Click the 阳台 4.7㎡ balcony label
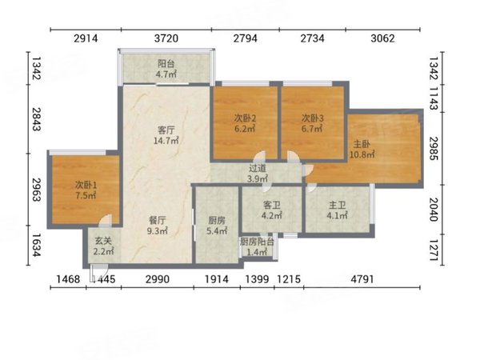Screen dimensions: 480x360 tap(166, 69)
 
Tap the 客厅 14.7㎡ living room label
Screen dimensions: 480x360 tap(166, 135)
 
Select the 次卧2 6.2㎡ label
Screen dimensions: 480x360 tap(245, 123)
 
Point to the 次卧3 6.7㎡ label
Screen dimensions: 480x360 tap(312, 123)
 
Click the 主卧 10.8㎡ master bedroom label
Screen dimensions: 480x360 tap(362, 149)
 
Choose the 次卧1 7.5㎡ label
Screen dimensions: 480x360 tap(86, 190)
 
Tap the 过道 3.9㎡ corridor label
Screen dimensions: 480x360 tap(258, 173)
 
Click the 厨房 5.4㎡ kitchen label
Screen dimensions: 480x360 tap(217, 226)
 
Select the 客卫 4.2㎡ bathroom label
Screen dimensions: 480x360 tap(272, 210)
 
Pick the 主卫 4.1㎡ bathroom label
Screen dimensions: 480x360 tap(337, 210)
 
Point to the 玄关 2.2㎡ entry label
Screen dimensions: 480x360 tap(103, 246)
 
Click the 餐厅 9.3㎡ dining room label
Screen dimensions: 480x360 tap(158, 226)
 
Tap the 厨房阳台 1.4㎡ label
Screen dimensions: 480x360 tap(257, 246)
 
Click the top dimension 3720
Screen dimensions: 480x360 tap(166, 38)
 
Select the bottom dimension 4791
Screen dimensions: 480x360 tap(362, 279)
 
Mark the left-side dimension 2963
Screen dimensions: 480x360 tap(36, 189)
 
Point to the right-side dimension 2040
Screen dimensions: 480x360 tap(434, 209)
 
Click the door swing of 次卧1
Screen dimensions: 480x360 tap(106, 221)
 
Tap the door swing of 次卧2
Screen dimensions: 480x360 tap(259, 156)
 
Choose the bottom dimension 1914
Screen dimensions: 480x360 tap(217, 279)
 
